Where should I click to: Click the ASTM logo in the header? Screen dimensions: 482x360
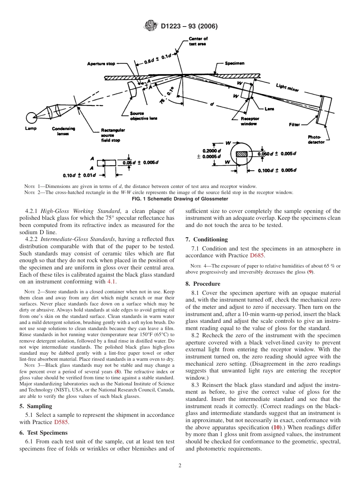point(152,26)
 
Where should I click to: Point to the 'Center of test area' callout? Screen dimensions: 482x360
point(198,41)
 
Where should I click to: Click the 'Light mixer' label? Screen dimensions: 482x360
point(287,88)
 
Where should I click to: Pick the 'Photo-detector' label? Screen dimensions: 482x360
point(316,139)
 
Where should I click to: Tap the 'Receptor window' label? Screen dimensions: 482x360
point(249,121)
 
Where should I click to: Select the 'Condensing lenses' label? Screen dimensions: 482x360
point(63,131)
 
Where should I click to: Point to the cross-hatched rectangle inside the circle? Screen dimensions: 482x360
point(241,154)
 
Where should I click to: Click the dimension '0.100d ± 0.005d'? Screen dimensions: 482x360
point(277,171)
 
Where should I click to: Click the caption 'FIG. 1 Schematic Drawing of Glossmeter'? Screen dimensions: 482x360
point(180,199)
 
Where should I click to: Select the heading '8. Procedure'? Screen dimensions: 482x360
point(203,283)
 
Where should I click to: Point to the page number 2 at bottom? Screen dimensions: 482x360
point(180,466)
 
